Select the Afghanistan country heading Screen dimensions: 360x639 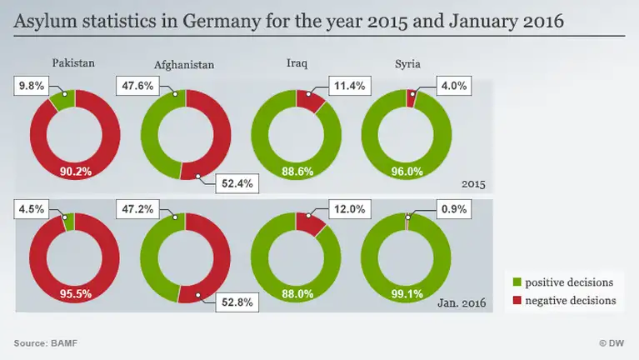[184, 65]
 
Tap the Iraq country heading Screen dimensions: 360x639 [297, 62]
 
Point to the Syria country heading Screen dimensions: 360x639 [408, 62]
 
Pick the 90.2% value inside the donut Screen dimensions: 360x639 [75, 172]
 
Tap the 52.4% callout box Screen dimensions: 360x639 [238, 182]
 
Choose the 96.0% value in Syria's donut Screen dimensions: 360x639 [407, 172]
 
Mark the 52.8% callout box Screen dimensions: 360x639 [238, 302]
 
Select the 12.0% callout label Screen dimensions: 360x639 [350, 209]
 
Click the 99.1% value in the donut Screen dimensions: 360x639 [407, 294]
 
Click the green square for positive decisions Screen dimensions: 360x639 [519, 282]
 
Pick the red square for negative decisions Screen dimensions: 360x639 [519, 300]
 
